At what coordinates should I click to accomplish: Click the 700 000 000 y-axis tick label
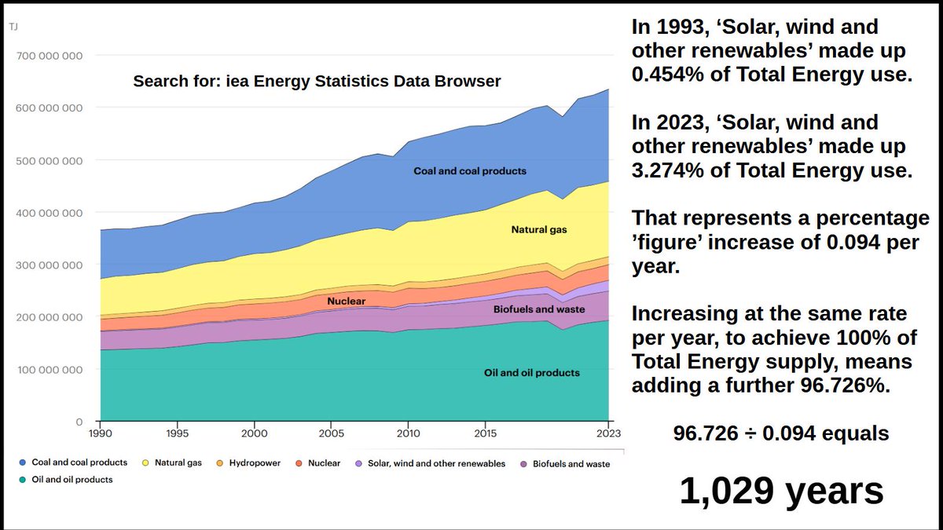click(x=50, y=56)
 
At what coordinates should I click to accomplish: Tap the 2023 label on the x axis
click(x=608, y=433)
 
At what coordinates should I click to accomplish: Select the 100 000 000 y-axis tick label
click(x=50, y=370)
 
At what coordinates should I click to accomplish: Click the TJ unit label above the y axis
click(x=13, y=27)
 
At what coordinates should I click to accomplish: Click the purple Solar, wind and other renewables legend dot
click(x=358, y=463)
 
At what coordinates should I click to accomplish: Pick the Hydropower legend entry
click(x=248, y=463)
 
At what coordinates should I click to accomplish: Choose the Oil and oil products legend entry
click(x=66, y=480)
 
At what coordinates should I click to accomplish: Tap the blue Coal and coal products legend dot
click(x=23, y=462)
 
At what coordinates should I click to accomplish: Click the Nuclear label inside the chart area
click(x=346, y=302)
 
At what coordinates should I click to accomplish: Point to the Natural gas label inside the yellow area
click(x=539, y=229)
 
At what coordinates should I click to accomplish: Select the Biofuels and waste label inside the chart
click(x=539, y=309)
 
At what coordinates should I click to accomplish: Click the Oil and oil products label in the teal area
click(x=532, y=373)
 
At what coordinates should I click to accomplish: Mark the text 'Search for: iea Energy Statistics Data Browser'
click(x=317, y=81)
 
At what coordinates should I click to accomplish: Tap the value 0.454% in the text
click(x=668, y=74)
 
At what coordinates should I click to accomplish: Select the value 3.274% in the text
click(x=668, y=170)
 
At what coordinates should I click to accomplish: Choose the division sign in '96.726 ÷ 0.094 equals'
click(x=750, y=433)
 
